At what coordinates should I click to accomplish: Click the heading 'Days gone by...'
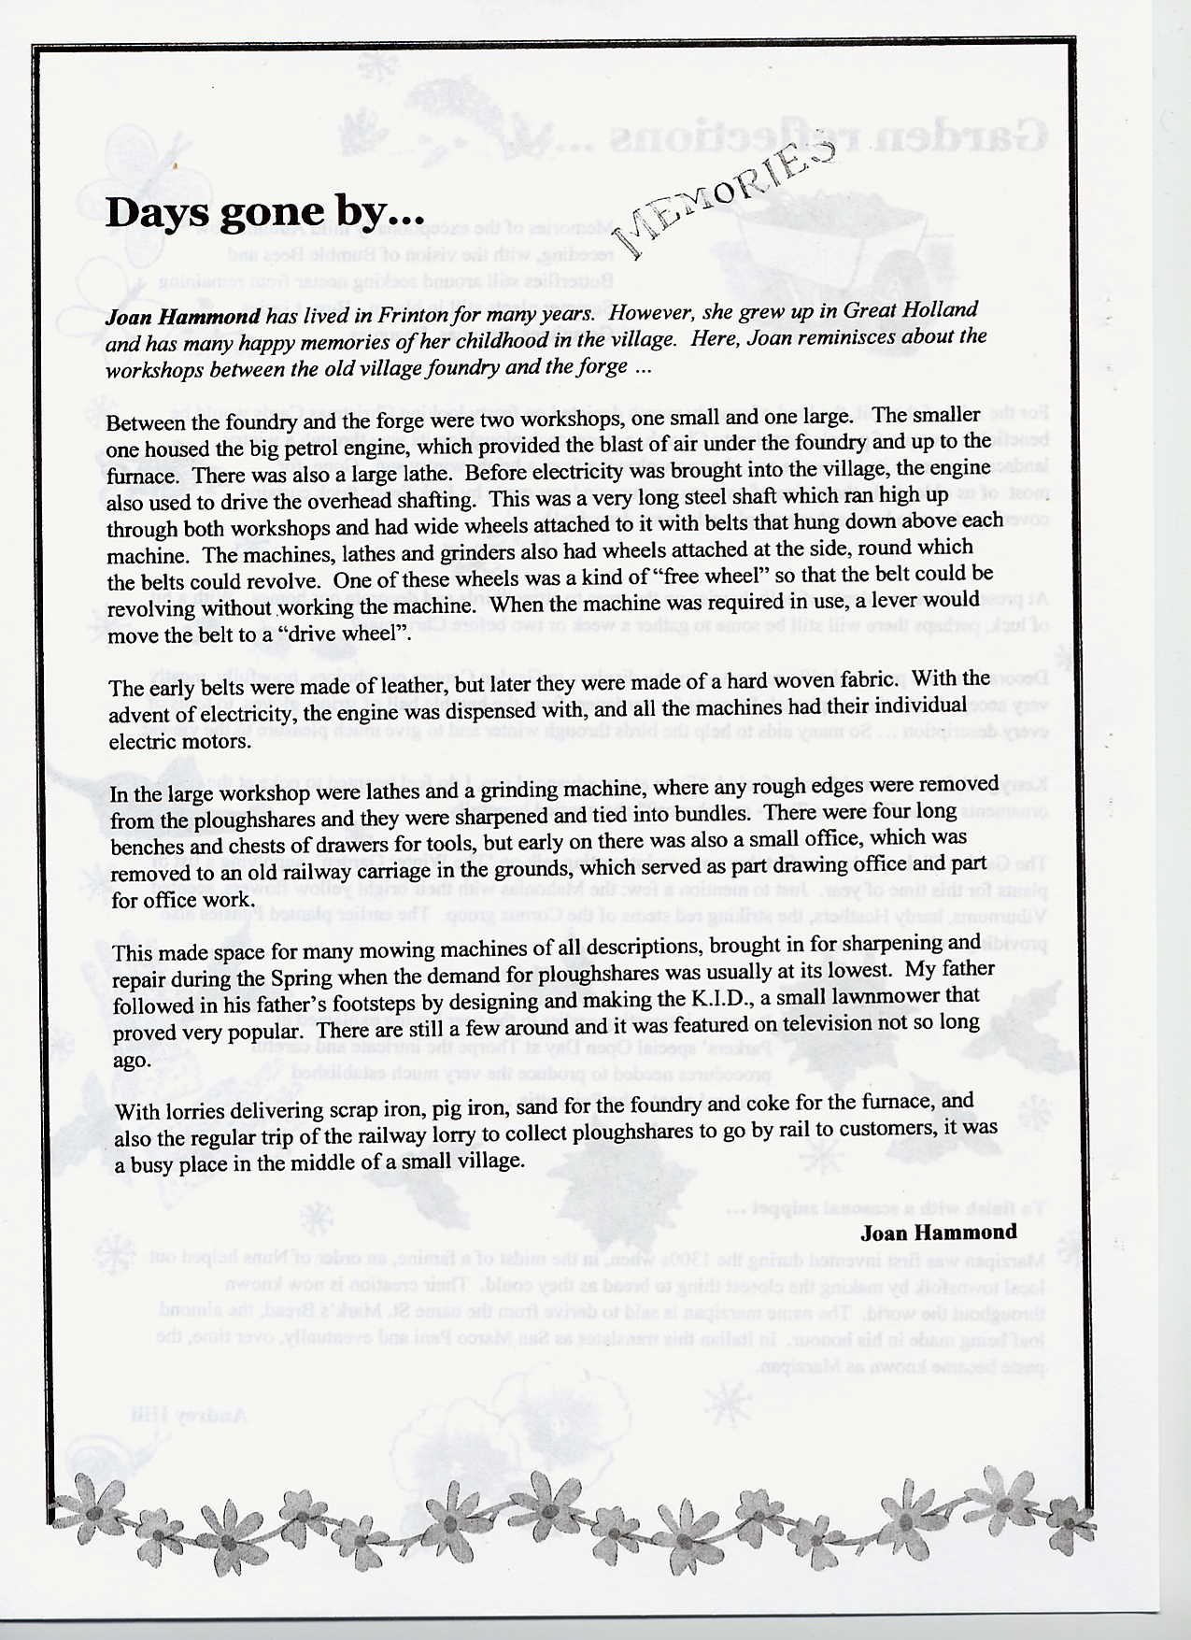coord(258,212)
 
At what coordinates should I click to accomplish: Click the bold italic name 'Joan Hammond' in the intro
coord(182,317)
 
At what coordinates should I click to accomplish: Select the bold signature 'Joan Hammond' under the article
coord(938,1232)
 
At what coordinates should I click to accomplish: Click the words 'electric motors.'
coord(179,742)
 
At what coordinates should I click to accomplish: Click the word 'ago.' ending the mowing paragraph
coord(131,1061)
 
